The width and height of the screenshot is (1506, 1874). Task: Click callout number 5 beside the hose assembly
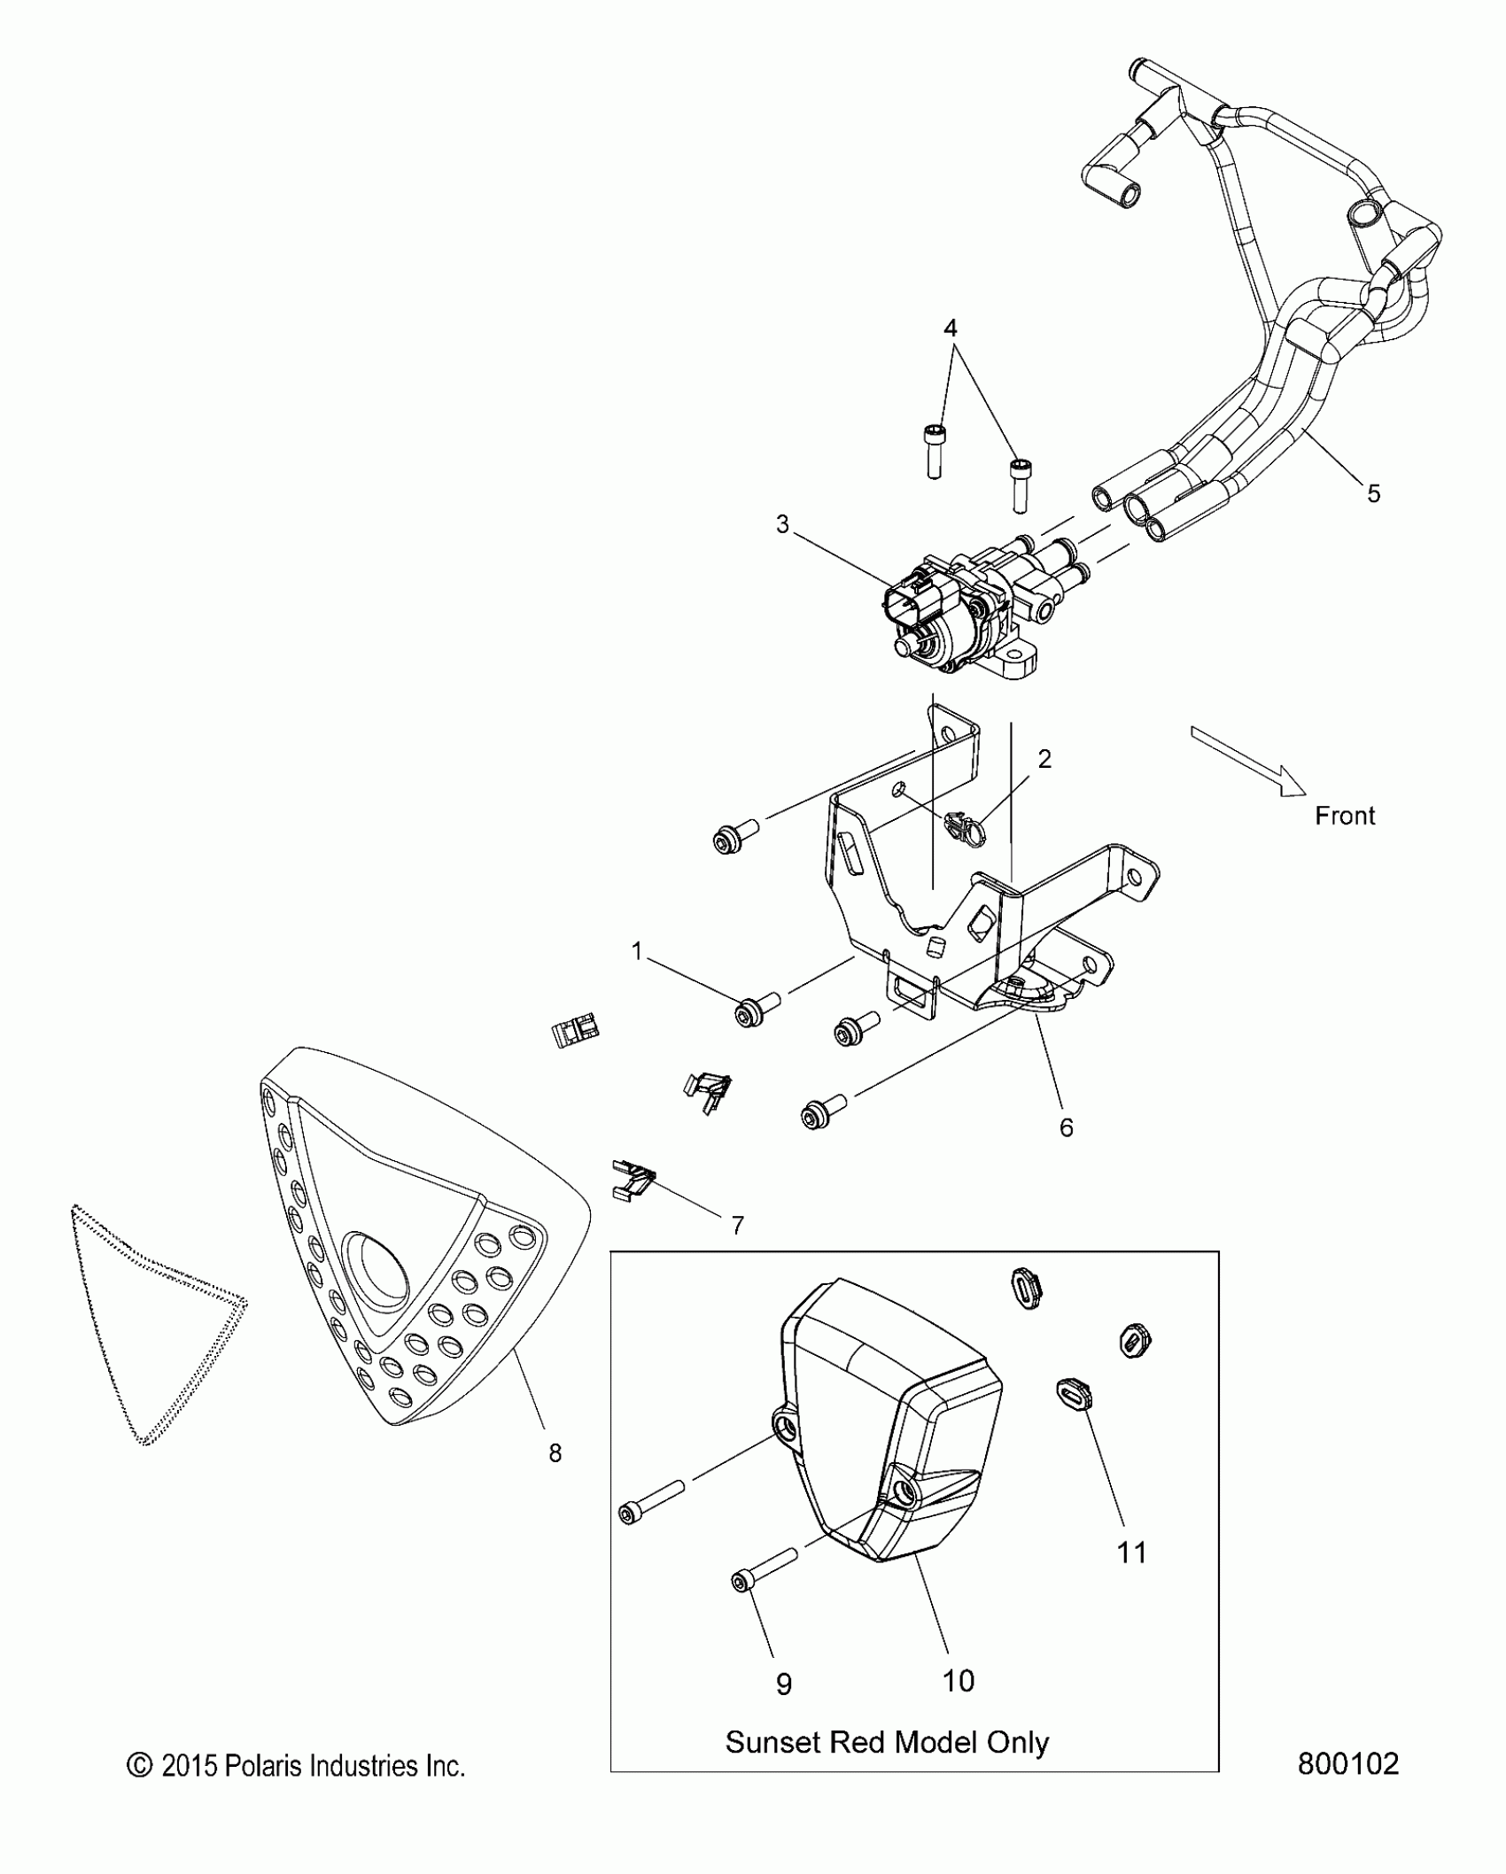click(1373, 493)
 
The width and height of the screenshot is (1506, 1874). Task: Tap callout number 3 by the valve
click(782, 524)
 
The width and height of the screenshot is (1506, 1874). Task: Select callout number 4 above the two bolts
click(950, 329)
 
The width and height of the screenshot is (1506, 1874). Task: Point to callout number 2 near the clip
click(1044, 759)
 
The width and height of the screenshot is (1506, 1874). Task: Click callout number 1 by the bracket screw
click(636, 951)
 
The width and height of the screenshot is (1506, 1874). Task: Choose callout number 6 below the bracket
click(1067, 1127)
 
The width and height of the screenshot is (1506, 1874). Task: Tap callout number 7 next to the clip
click(737, 1226)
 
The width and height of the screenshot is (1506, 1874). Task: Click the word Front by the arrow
click(1344, 816)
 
